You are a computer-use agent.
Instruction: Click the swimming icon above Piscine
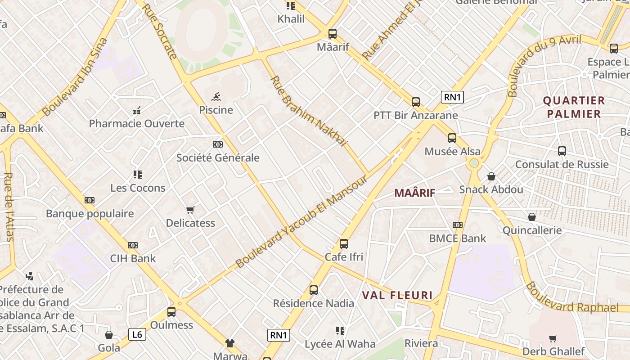click(x=216, y=96)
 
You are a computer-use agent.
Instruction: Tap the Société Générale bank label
click(x=218, y=158)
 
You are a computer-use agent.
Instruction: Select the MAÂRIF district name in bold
click(x=414, y=193)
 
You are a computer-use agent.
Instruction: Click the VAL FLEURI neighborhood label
click(x=397, y=296)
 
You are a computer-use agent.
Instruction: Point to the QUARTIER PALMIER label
click(x=574, y=107)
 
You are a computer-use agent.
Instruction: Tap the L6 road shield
click(x=137, y=334)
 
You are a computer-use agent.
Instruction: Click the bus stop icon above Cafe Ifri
click(x=344, y=244)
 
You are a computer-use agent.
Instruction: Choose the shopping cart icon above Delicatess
click(x=190, y=210)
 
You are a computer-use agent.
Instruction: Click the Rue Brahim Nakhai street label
click(x=308, y=111)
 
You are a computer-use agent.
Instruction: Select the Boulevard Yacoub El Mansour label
click(x=301, y=221)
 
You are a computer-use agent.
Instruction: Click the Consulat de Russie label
click(x=562, y=164)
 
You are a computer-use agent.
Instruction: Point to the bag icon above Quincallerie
click(x=532, y=217)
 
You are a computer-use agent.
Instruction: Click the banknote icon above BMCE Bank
click(x=458, y=225)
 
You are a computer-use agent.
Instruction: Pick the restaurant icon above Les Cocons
click(x=138, y=175)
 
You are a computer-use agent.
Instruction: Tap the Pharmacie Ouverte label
click(x=137, y=123)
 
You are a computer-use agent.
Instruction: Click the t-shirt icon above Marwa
click(x=230, y=343)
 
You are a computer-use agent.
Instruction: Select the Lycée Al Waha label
click(x=340, y=344)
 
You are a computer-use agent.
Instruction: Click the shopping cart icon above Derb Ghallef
click(x=553, y=338)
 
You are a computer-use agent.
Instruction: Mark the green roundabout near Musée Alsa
click(x=474, y=163)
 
